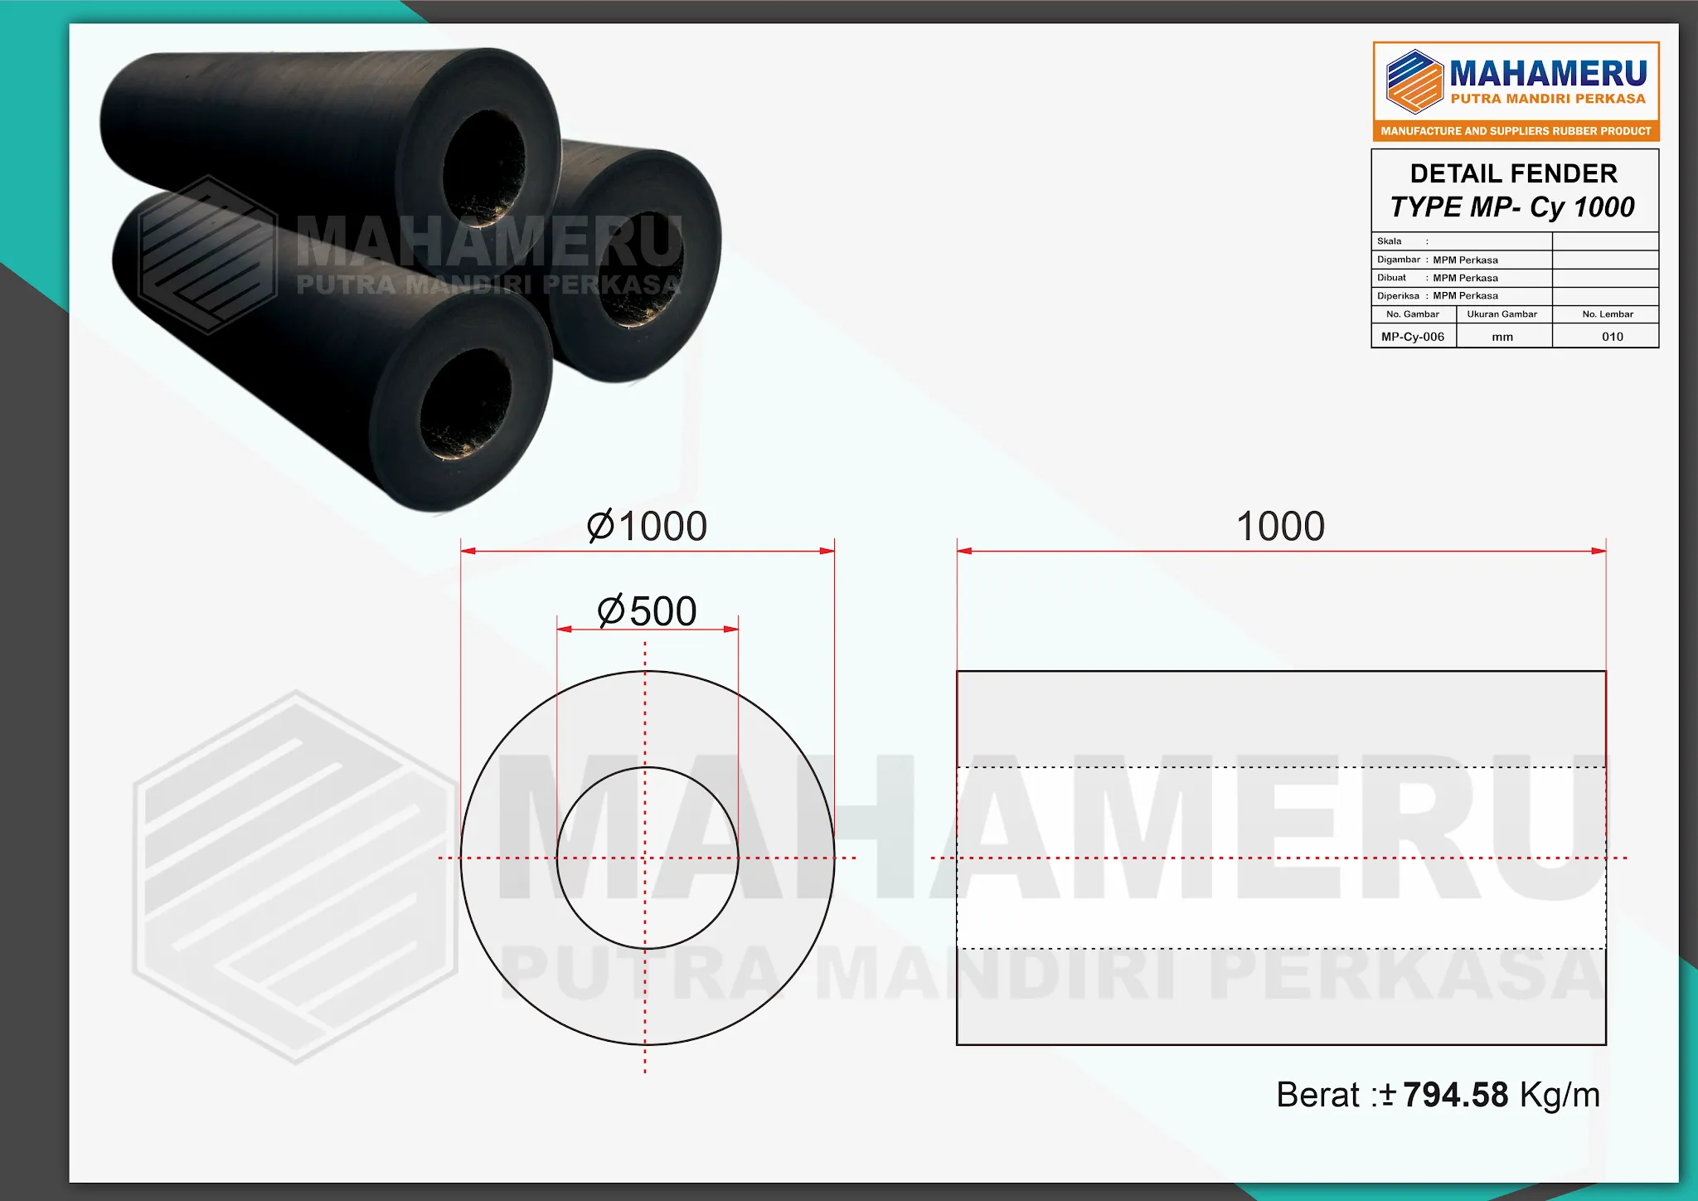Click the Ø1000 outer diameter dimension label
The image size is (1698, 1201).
click(647, 526)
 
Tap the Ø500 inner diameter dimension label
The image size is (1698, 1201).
click(647, 611)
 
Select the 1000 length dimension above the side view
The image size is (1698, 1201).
click(1280, 526)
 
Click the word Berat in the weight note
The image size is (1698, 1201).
click(1317, 1095)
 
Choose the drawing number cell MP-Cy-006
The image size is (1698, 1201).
click(1413, 337)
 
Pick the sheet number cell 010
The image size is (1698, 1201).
click(1613, 337)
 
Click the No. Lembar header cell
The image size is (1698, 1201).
click(1608, 314)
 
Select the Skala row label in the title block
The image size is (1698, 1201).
click(1390, 241)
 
